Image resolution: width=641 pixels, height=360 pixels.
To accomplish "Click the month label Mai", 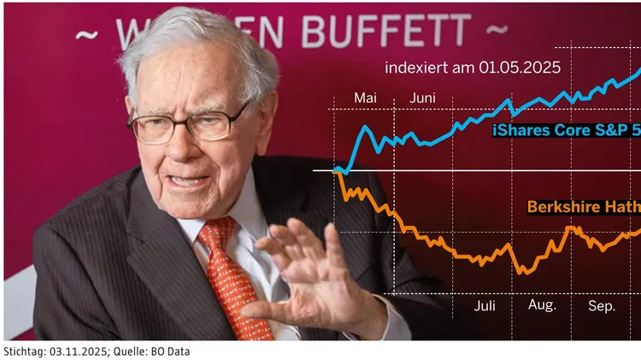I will tap(365, 98).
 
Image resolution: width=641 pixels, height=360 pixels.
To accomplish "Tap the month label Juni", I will tap(422, 98).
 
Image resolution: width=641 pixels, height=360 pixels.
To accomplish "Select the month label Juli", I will tap(484, 305).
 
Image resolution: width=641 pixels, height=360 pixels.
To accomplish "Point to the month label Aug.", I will tap(542, 305).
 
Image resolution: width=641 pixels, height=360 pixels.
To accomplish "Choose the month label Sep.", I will tap(601, 305).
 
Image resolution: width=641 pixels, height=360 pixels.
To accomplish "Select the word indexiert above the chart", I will tap(415, 67).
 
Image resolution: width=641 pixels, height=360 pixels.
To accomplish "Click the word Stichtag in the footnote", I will tap(24, 351).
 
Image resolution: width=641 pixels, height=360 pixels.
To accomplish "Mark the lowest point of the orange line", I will tap(525, 273).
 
